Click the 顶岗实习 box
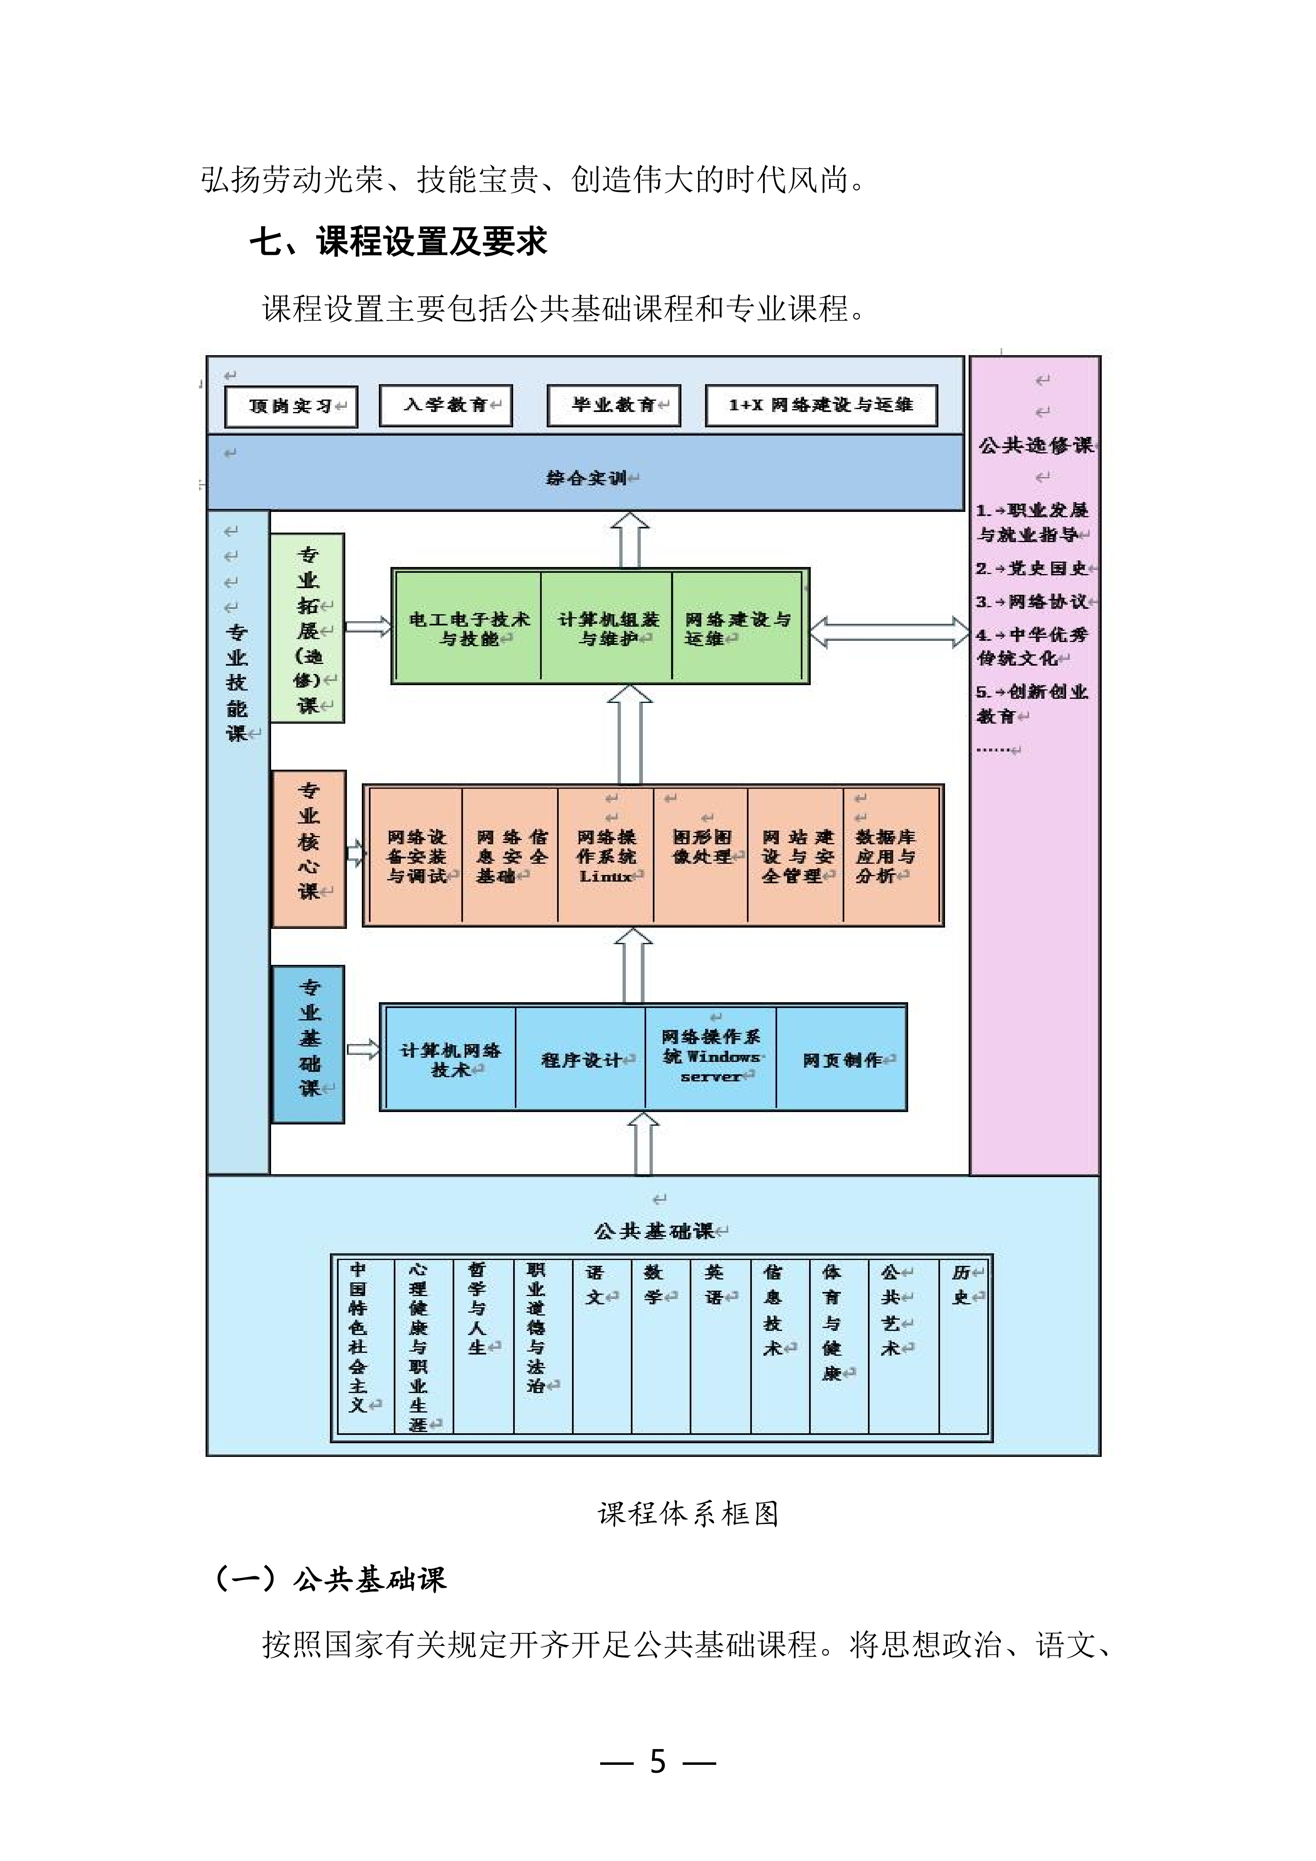coord(291,405)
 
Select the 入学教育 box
coord(446,405)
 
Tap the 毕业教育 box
coord(613,405)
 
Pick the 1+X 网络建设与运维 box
coord(821,405)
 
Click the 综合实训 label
coord(587,478)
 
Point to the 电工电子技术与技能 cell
coord(468,628)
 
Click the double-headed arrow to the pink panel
coord(889,632)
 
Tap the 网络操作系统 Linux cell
coord(606,856)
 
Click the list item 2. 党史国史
coord(1031,568)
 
